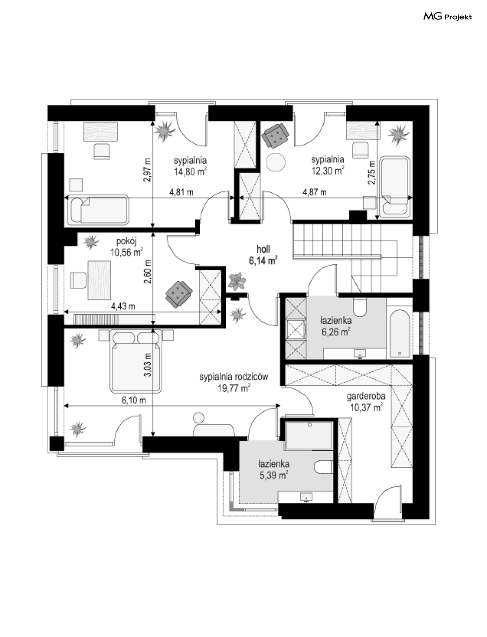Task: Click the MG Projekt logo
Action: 448,17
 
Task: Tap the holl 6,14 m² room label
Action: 263,255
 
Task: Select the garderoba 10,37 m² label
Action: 366,402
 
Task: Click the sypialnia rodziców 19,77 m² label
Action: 234,382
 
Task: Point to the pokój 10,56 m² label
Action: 127,247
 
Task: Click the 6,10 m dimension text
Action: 134,401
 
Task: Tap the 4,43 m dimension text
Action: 123,306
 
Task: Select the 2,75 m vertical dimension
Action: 372,172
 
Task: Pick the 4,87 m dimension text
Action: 314,192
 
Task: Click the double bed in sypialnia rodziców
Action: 135,361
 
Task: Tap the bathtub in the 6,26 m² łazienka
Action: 400,335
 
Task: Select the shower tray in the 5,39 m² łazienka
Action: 309,435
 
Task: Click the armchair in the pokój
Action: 179,294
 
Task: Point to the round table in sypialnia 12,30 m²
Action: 276,162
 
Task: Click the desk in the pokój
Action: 99,280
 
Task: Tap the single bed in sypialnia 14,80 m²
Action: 98,210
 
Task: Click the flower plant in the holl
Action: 237,280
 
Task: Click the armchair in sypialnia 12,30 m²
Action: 275,135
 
